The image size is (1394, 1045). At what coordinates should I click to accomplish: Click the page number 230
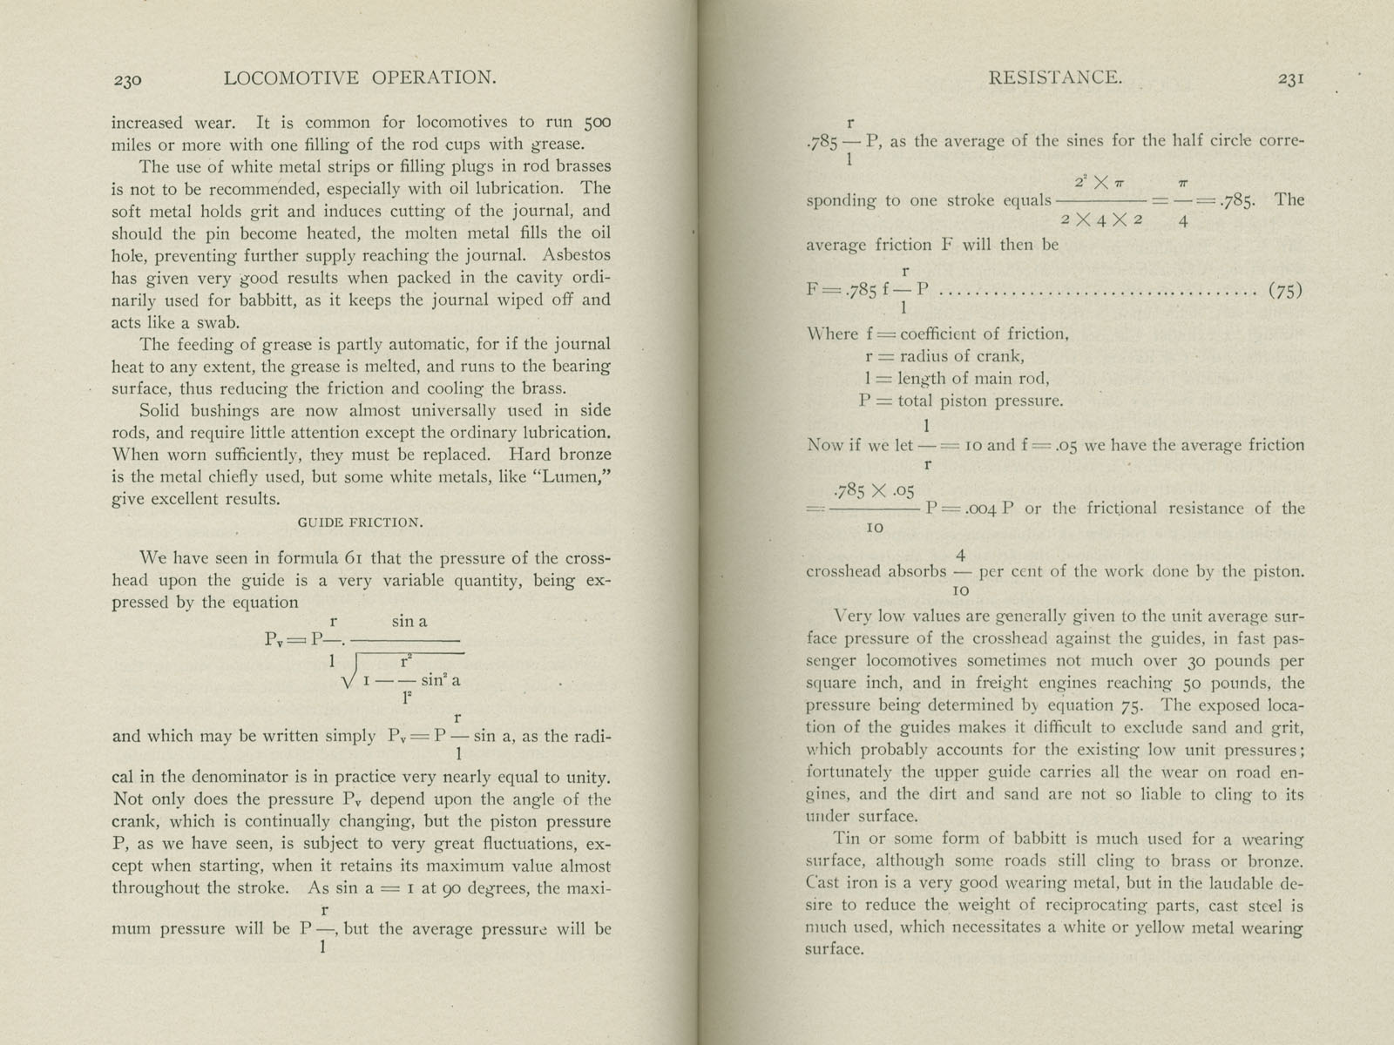pos(126,80)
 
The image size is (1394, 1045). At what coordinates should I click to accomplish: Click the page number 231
pos(1289,78)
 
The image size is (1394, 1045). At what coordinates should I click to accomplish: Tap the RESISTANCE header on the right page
pos(1054,78)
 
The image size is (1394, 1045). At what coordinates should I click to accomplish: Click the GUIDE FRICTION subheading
pos(360,522)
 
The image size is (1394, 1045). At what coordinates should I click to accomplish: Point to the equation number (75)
pos(1285,291)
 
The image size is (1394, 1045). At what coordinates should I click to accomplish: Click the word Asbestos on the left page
pos(576,255)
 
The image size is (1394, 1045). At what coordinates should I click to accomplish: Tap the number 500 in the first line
pos(597,123)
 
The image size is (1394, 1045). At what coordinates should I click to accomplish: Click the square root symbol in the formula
pos(353,673)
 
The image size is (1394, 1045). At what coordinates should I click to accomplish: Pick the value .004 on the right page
pos(971,509)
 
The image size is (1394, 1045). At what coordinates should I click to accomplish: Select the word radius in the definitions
pos(924,356)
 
